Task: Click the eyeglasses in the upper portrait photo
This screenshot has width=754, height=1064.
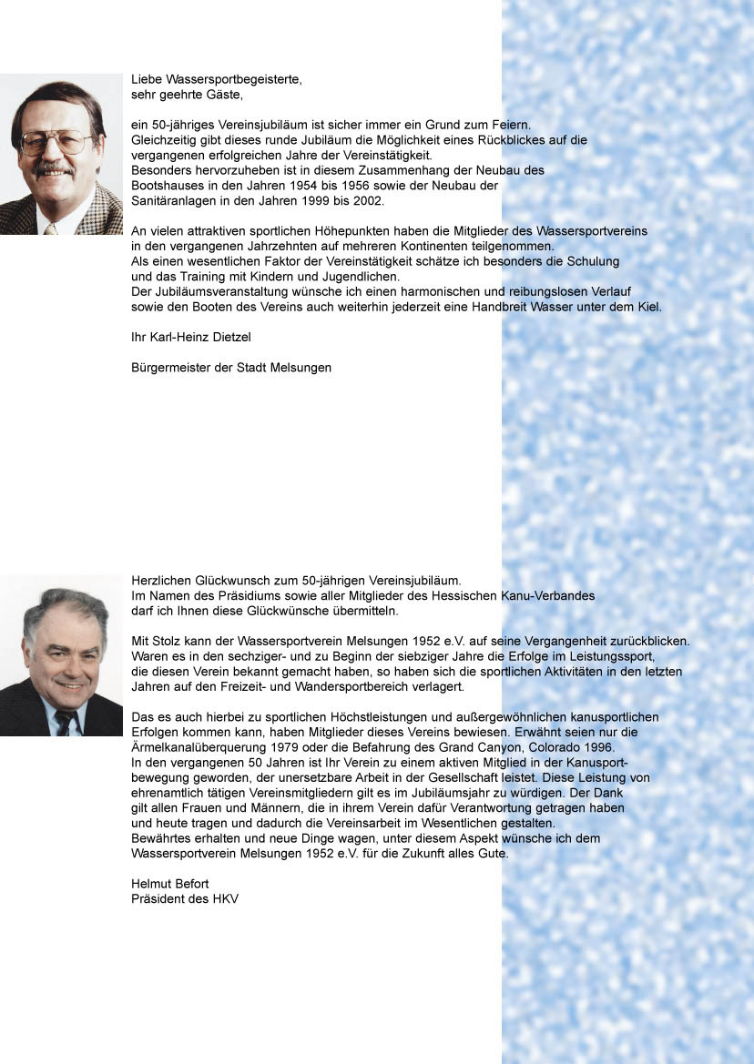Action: [56, 142]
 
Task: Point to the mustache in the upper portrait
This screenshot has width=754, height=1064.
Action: [55, 168]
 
